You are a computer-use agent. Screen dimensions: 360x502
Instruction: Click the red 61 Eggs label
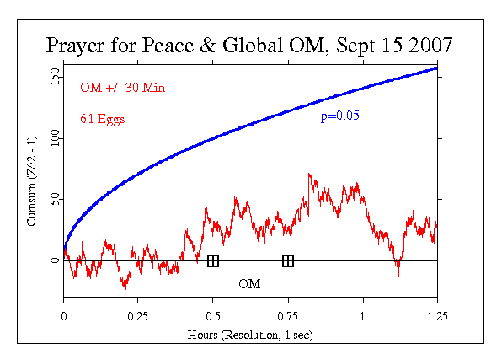[x=103, y=119]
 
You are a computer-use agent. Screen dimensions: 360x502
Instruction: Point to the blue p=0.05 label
[x=340, y=116]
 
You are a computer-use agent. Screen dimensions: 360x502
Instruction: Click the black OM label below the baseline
[x=249, y=284]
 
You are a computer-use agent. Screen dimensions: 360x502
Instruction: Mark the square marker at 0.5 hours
[x=213, y=261]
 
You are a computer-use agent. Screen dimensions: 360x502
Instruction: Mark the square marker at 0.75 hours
[x=288, y=261]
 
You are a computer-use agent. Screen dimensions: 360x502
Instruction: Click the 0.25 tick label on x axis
[x=138, y=316]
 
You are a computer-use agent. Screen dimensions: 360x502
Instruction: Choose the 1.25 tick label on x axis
[x=437, y=316]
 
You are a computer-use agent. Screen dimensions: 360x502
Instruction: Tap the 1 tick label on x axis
[x=363, y=316]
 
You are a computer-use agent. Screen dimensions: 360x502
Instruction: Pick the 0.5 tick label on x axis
[x=213, y=316]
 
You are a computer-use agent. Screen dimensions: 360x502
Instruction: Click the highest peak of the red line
[x=310, y=174]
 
